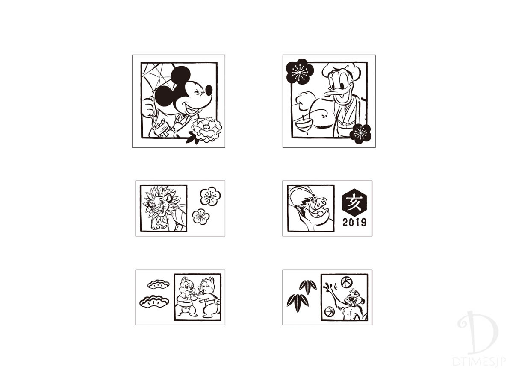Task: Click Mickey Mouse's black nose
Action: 209,90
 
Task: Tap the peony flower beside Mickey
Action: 206,129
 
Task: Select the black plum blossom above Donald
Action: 300,72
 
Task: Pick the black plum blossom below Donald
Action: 360,134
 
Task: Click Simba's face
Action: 159,204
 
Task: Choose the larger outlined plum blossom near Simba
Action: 210,196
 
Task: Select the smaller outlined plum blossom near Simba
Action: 200,217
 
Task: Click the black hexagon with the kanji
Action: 354,202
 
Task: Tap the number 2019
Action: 354,222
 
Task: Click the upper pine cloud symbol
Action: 159,284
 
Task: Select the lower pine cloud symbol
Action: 154,302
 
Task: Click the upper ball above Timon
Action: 347,282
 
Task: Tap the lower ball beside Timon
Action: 329,312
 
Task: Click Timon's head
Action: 354,297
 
